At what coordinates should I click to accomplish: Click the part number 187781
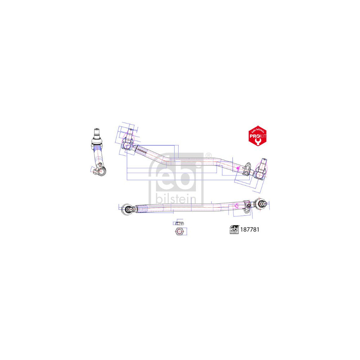(x=249, y=230)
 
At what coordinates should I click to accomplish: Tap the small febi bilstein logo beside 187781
(x=234, y=229)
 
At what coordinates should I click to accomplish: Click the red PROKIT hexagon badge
(x=257, y=136)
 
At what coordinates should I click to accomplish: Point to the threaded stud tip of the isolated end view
(x=97, y=131)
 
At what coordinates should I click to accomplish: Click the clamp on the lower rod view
(x=247, y=206)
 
